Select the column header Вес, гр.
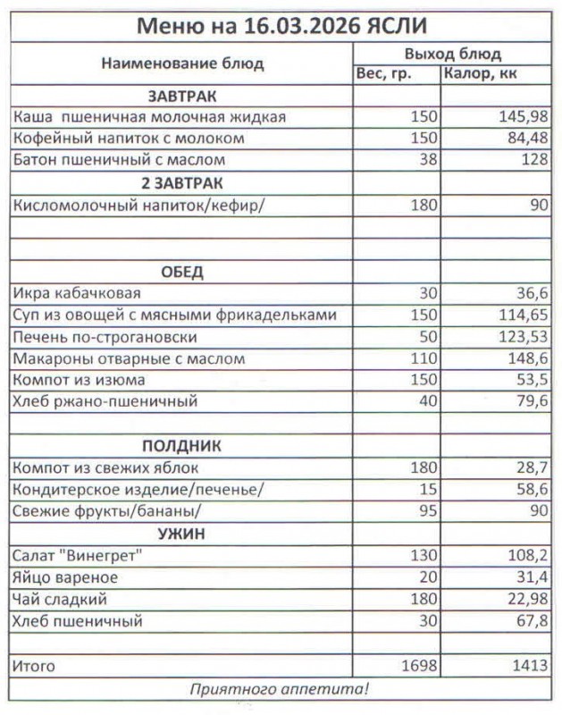(384, 74)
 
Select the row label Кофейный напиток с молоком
(129, 139)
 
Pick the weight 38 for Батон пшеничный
(427, 161)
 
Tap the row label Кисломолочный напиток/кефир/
(139, 205)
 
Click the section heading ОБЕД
(182, 272)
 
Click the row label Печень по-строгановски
(105, 337)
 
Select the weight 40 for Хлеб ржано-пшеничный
(427, 402)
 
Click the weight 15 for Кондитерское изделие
(427, 490)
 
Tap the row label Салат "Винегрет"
(79, 556)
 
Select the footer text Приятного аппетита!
(279, 689)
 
